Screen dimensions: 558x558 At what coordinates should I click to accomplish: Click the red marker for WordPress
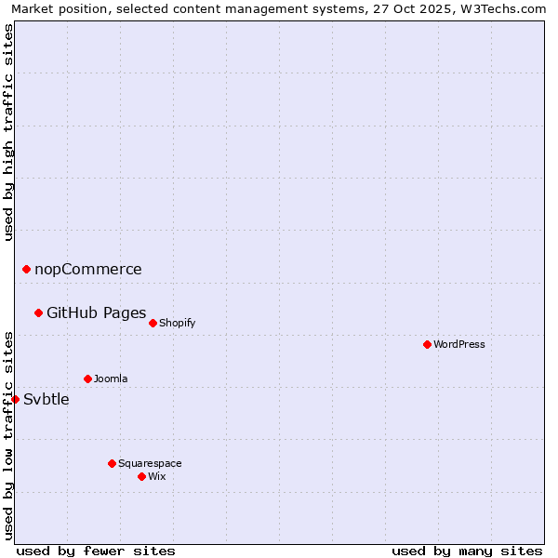(427, 344)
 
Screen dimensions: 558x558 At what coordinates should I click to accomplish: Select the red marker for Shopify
(153, 323)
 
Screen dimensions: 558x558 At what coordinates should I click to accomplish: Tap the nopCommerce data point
(26, 269)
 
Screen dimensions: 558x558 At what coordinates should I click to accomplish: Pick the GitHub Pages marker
(38, 312)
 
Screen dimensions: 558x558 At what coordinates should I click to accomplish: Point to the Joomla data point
(87, 379)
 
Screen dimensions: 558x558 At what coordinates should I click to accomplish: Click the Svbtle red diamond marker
(15, 399)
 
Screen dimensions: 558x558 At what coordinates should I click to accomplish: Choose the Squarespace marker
(112, 463)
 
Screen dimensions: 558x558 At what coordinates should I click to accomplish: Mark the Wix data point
(141, 476)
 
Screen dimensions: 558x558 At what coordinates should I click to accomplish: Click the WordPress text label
(459, 344)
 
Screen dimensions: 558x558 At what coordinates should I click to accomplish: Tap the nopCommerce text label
(88, 270)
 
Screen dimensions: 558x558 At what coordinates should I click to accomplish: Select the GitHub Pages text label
(97, 312)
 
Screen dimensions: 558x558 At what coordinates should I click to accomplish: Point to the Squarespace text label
(150, 463)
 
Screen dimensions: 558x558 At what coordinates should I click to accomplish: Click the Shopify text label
(177, 323)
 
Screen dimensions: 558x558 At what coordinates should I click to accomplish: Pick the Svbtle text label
(46, 400)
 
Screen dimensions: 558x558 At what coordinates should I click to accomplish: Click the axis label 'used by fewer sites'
(96, 551)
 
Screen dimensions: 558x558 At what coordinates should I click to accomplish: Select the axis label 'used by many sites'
(467, 551)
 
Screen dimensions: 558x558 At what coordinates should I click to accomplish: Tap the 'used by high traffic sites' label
(8, 132)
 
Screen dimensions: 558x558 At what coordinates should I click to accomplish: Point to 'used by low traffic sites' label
(8, 435)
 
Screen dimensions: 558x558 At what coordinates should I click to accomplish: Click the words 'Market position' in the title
(57, 8)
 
